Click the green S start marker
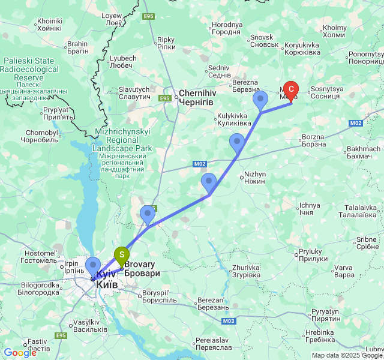121,256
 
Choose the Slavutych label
134,93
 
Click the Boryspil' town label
159,296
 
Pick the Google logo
20,353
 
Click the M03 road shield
227,322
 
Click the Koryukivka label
302,49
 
